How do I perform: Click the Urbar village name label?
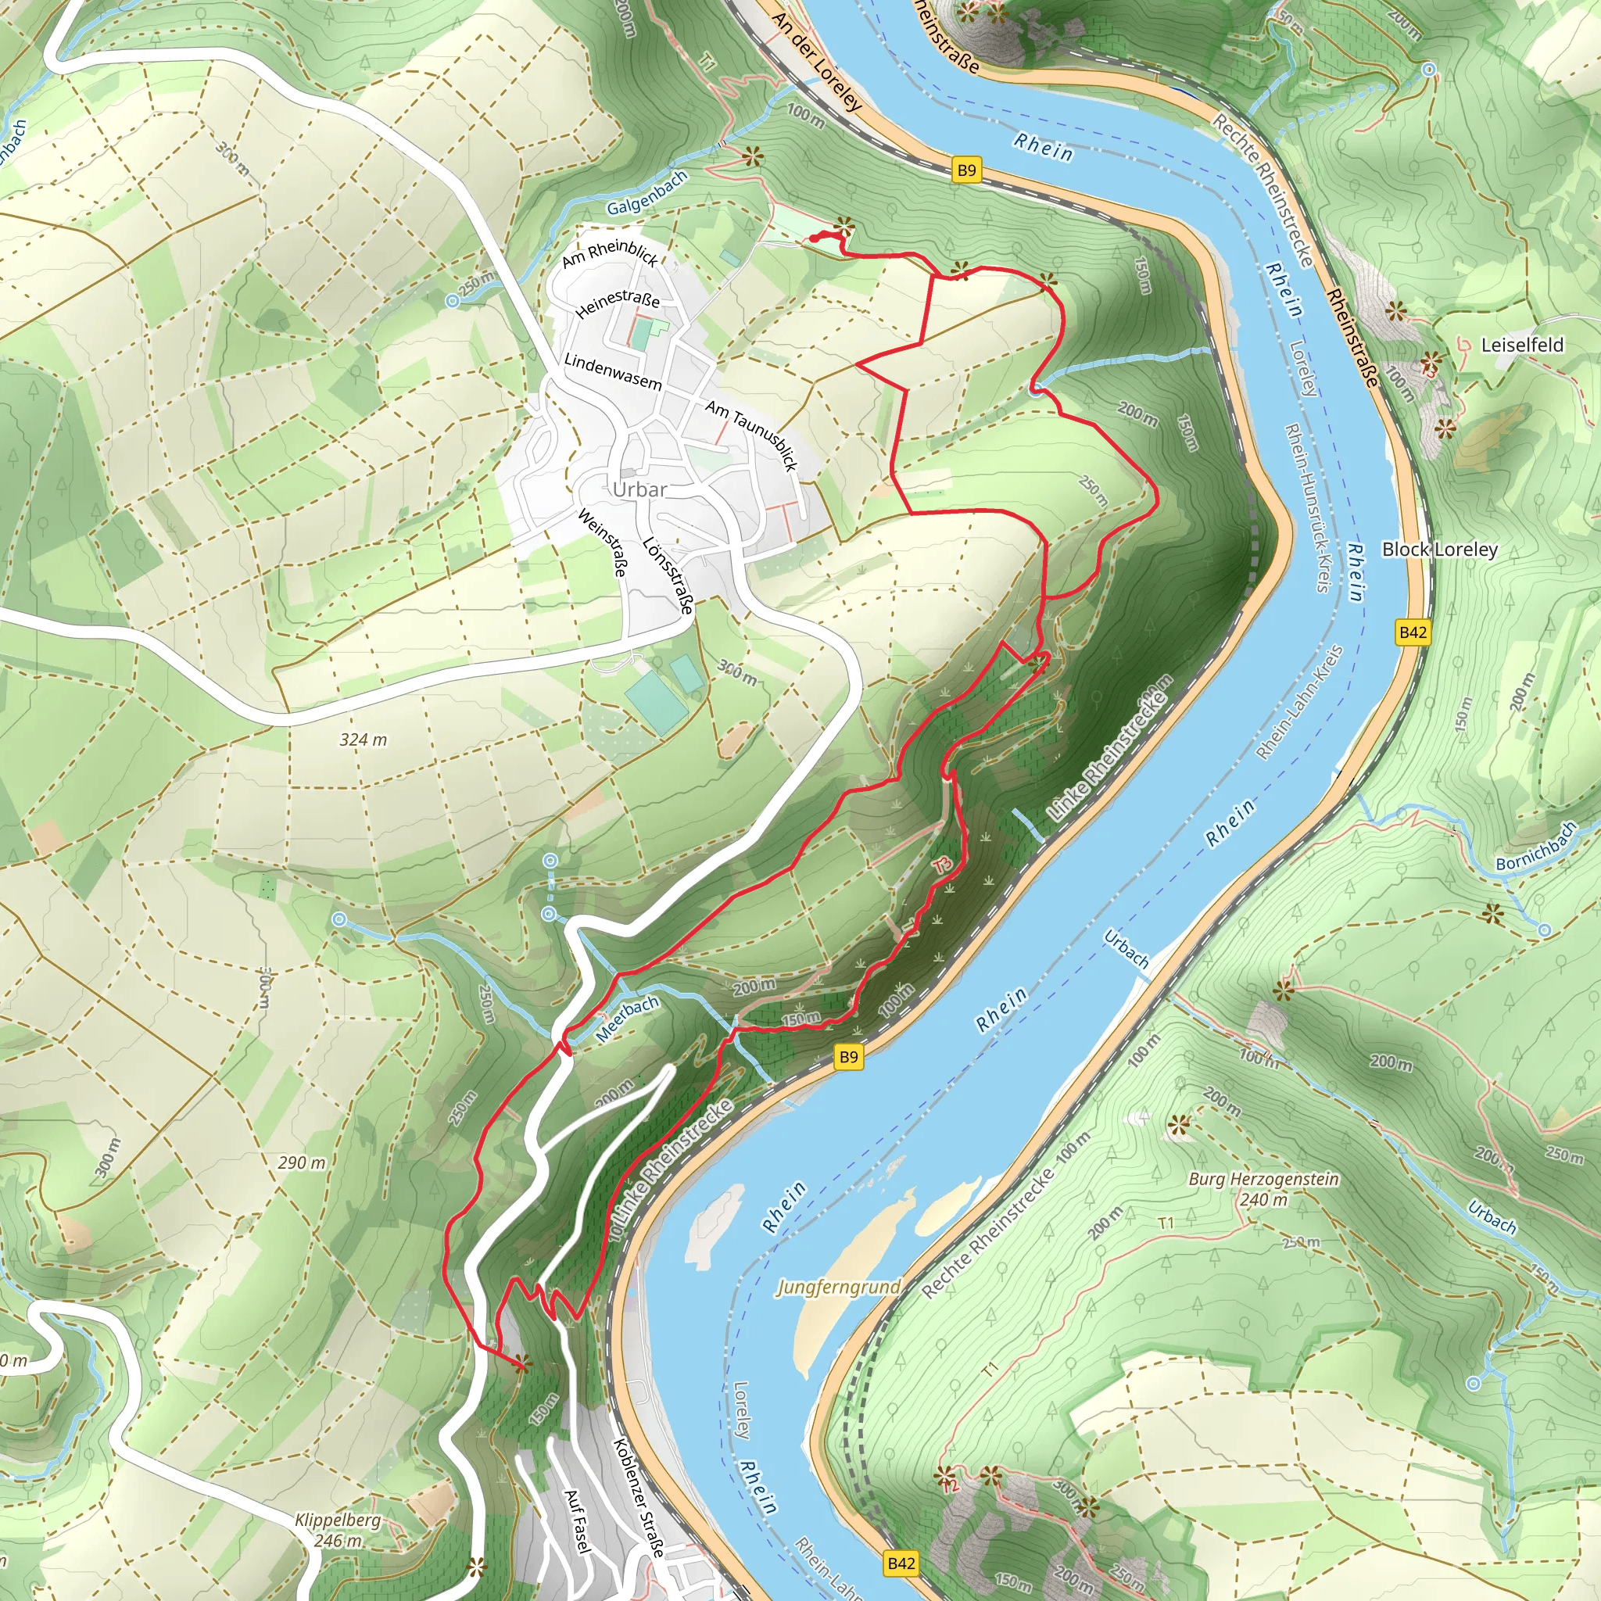tap(639, 489)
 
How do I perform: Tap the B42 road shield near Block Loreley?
tap(1413, 632)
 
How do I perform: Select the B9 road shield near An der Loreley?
tap(966, 170)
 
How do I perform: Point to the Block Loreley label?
tap(1439, 550)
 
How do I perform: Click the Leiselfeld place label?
tap(1522, 345)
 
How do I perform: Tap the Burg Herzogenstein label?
tap(1263, 1178)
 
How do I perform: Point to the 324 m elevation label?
tap(363, 740)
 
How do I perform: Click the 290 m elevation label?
tap(302, 1162)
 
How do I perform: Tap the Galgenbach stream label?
tap(646, 194)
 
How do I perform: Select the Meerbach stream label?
tap(627, 1019)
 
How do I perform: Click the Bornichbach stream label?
tap(1535, 847)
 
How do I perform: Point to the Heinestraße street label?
tap(618, 303)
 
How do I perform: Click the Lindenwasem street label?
tap(612, 372)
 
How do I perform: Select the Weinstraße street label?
tap(603, 543)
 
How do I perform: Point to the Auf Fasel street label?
tap(577, 1520)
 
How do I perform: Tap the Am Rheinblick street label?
tap(610, 253)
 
